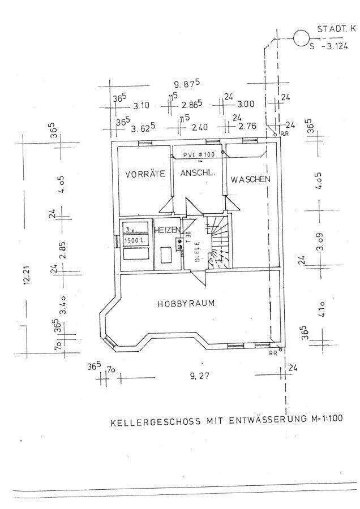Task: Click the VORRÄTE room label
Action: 145,174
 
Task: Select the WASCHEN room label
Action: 250,179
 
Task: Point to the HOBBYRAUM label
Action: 186,303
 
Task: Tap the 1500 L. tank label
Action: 135,241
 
